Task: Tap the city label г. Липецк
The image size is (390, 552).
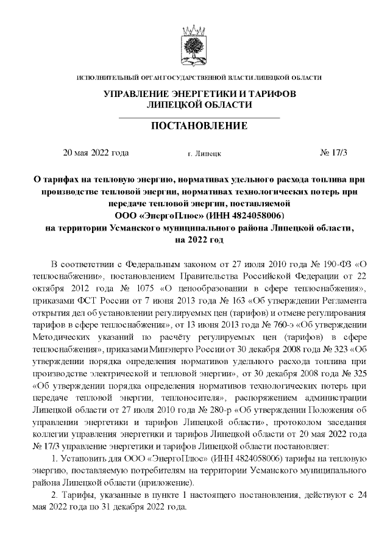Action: [x=205, y=154]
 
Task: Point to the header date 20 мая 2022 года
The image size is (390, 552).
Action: [x=96, y=152]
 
